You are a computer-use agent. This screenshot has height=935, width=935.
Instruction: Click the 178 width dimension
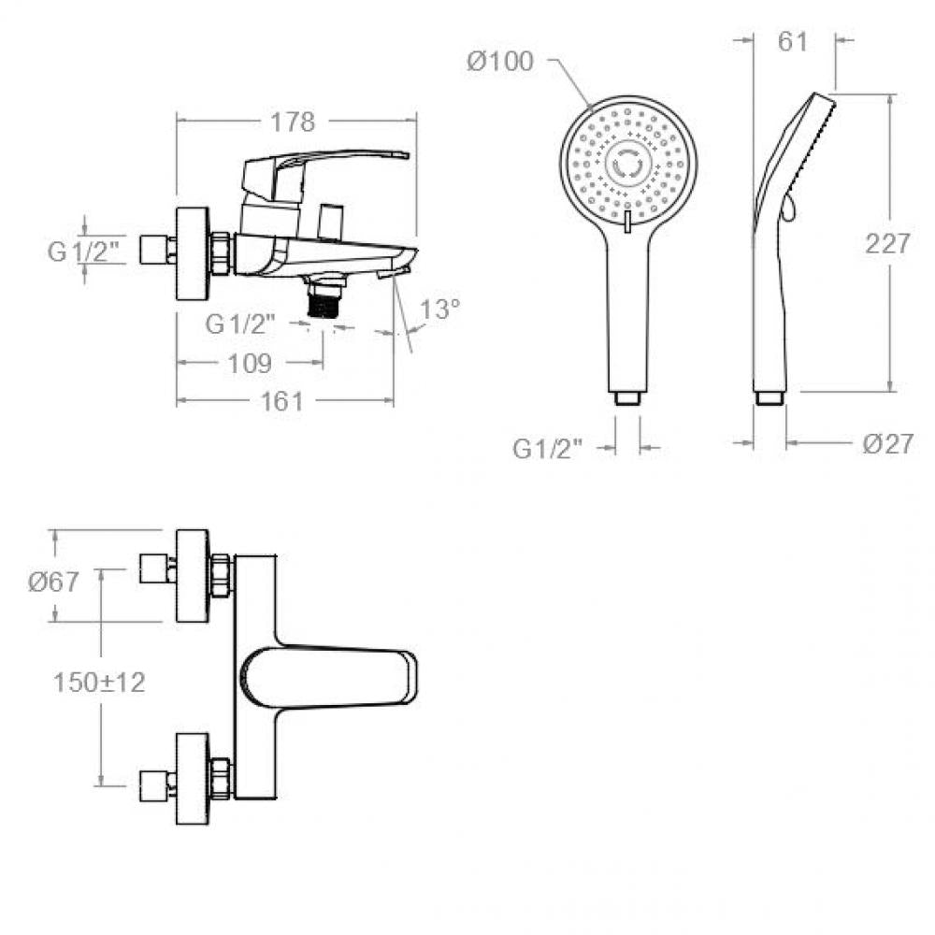[x=292, y=122]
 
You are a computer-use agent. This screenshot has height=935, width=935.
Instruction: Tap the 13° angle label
[x=440, y=309]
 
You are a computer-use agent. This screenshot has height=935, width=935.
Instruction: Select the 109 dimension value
[x=250, y=363]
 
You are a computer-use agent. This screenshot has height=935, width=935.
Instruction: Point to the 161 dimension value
[x=282, y=401]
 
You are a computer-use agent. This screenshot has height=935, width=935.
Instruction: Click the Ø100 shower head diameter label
[x=499, y=62]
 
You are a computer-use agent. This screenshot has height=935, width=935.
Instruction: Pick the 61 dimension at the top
[x=793, y=41]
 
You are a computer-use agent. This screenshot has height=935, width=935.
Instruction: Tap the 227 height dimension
[x=888, y=243]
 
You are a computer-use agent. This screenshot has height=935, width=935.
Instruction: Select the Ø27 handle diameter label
[x=888, y=443]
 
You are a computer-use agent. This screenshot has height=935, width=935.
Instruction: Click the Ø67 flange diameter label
[x=53, y=582]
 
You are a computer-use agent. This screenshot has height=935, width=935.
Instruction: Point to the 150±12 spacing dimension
[x=100, y=683]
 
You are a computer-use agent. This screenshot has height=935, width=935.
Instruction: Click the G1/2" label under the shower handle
[x=547, y=449]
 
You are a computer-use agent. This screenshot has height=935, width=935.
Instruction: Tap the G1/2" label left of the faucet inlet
[x=87, y=251]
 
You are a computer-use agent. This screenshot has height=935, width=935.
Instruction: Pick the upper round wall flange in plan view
[x=192, y=575]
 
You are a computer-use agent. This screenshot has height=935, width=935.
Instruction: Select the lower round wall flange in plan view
[x=192, y=779]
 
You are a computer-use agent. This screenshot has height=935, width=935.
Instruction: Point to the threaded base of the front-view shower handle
[x=626, y=397]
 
